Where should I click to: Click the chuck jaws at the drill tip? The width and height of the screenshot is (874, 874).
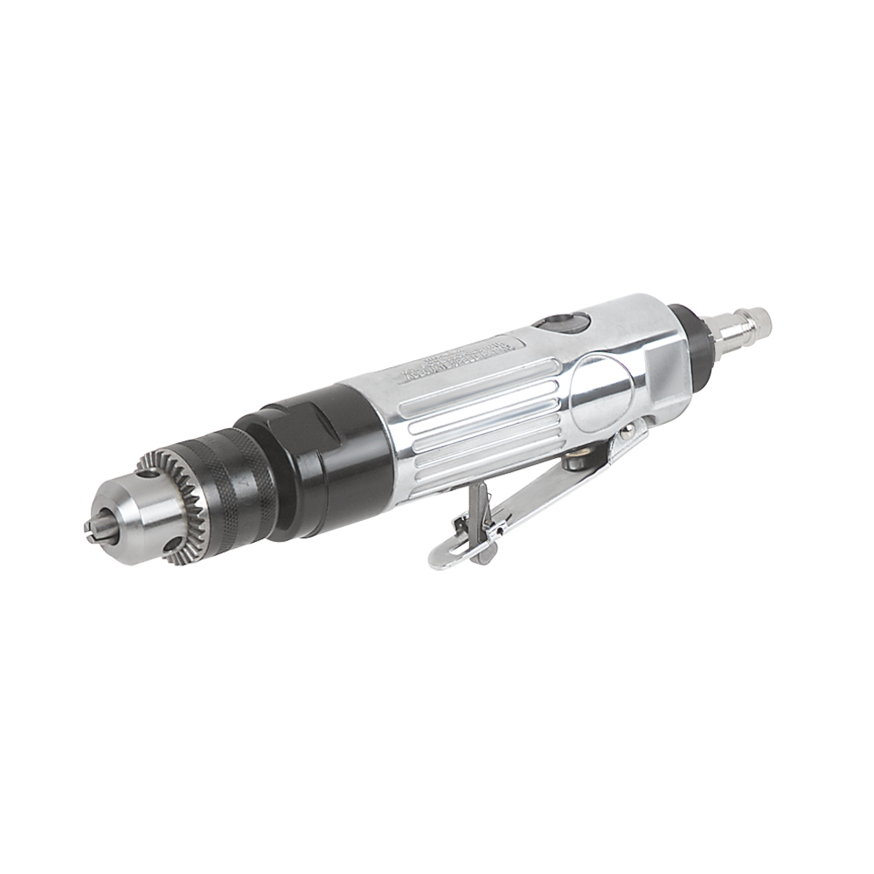click(x=94, y=528)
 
